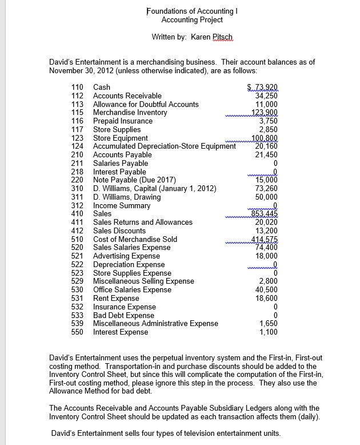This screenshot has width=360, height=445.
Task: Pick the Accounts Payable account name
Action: [x=122, y=154]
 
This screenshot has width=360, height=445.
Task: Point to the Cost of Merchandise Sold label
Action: [x=135, y=239]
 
